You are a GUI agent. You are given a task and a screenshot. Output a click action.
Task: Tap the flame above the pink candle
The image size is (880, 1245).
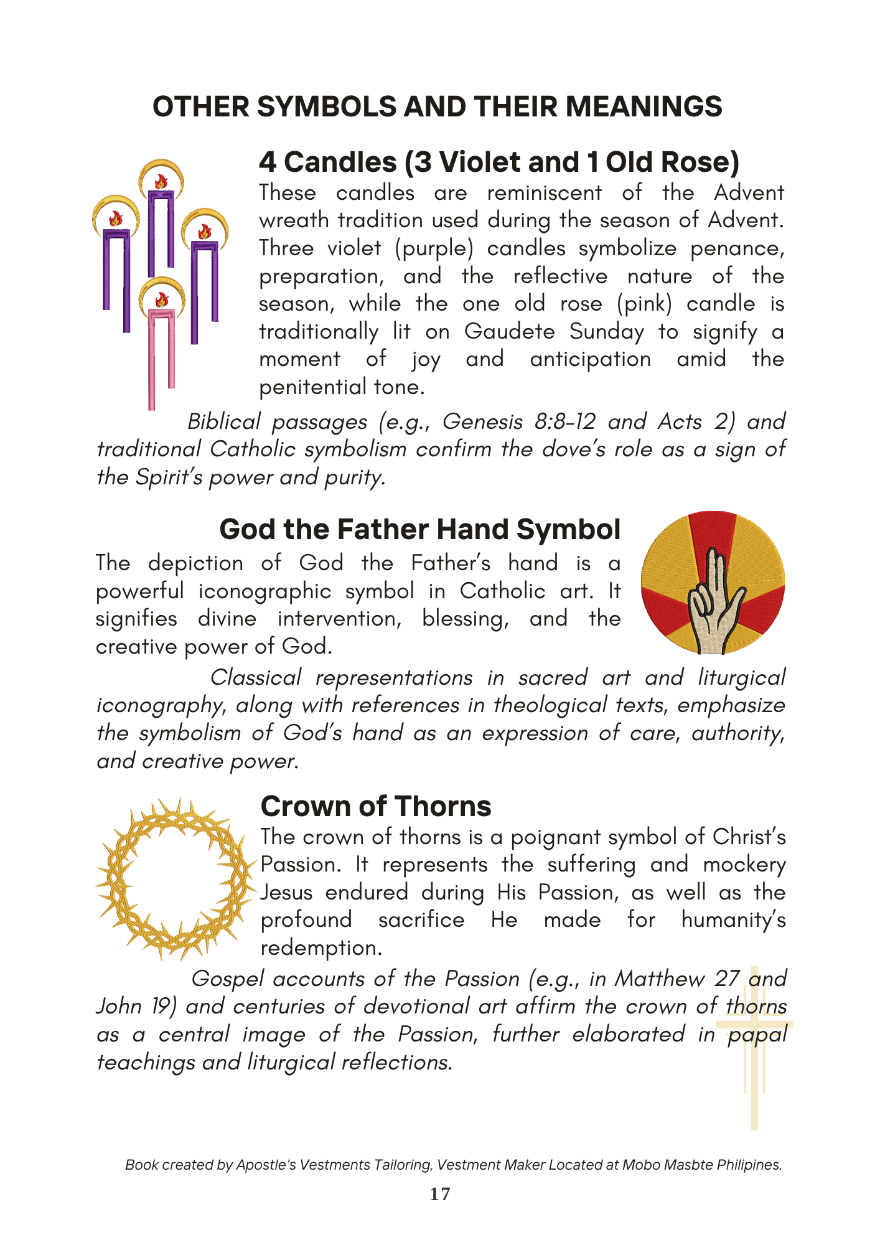[x=162, y=300]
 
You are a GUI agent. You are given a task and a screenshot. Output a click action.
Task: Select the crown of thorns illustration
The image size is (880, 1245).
[x=176, y=879]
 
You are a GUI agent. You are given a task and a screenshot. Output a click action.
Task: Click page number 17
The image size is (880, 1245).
[x=440, y=1194]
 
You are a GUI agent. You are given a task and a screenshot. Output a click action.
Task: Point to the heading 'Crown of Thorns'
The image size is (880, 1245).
[x=375, y=806]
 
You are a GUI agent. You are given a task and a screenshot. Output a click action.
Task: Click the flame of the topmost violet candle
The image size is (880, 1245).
[x=161, y=182]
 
